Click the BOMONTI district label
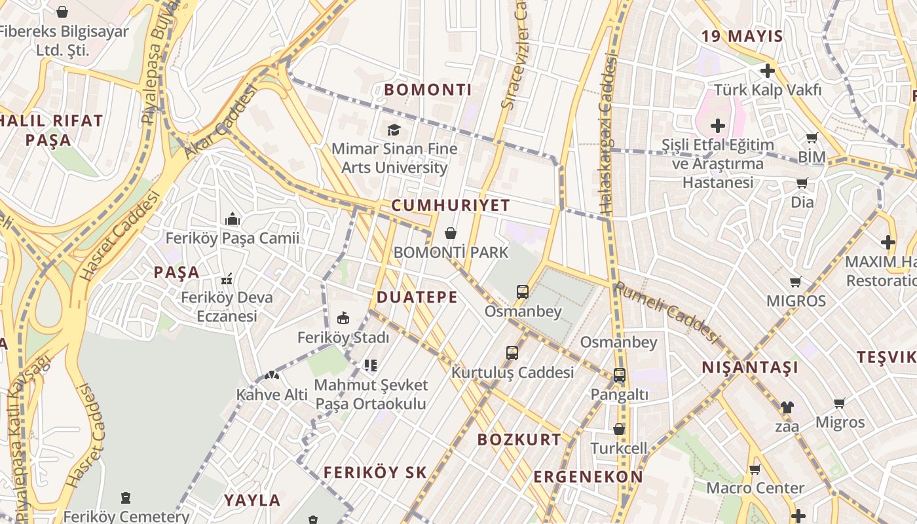click(428, 90)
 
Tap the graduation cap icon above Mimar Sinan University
click(394, 130)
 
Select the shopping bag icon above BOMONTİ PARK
click(451, 233)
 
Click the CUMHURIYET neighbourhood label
click(451, 205)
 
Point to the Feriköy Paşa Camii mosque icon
click(232, 219)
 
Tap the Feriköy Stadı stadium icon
click(343, 318)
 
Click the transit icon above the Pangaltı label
click(619, 375)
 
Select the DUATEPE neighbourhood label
click(417, 297)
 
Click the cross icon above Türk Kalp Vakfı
click(768, 71)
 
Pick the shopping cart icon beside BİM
click(812, 138)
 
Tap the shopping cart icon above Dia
click(802, 183)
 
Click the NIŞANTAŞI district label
click(750, 367)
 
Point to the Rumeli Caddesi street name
click(666, 311)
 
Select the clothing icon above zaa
click(787, 407)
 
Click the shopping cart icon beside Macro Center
click(755, 469)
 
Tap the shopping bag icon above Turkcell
click(619, 430)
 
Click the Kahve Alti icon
click(271, 376)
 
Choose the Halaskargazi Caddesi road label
click(607, 134)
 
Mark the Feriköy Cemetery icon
click(126, 498)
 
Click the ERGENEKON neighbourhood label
click(588, 477)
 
